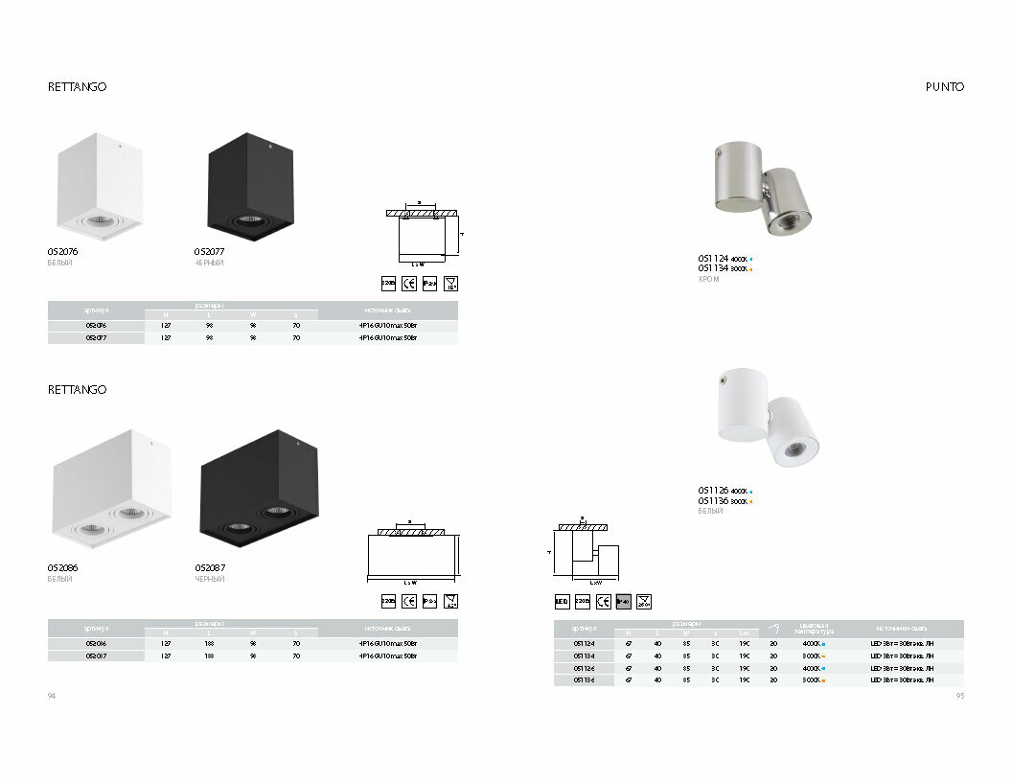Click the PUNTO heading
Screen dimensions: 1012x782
click(x=944, y=86)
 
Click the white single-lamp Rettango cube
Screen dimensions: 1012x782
click(x=99, y=186)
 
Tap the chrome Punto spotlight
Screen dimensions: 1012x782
click(x=763, y=188)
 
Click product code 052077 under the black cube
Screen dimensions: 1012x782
click(x=210, y=251)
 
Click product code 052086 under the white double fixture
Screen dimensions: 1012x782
click(x=63, y=568)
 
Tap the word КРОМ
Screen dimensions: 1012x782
click(x=709, y=279)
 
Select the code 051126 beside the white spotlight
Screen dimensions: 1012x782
click(x=714, y=490)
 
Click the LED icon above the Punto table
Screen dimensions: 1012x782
click(x=563, y=601)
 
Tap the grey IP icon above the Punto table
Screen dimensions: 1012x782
click(x=623, y=601)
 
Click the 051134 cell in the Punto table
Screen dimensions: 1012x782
click(x=583, y=655)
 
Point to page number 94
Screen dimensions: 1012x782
click(x=53, y=696)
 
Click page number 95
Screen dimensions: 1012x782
click(x=959, y=696)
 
